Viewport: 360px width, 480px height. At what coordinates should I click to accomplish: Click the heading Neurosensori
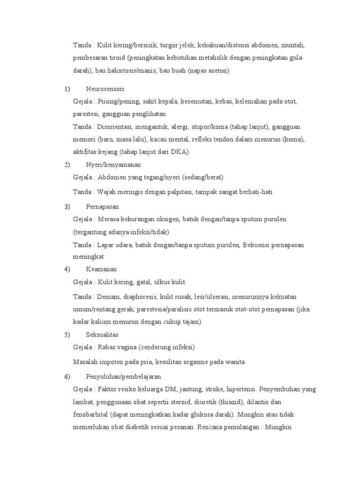(x=105, y=89)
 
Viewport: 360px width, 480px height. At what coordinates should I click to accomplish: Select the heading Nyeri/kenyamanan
(x=113, y=165)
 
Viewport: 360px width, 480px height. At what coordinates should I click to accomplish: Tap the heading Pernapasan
(x=102, y=206)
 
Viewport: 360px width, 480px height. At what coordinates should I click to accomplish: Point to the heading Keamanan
(x=101, y=269)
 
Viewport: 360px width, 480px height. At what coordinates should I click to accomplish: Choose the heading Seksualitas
(x=102, y=335)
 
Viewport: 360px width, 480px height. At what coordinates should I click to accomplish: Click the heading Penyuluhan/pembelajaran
(x=124, y=376)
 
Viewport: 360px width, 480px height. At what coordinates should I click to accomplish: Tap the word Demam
(x=109, y=297)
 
